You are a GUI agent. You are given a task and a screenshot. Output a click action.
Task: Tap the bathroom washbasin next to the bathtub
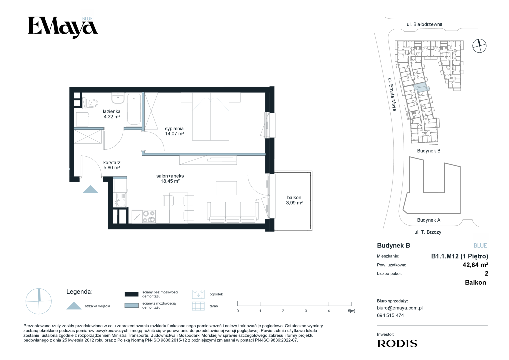tap(118, 98)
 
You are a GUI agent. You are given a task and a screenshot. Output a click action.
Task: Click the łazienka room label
tap(112, 111)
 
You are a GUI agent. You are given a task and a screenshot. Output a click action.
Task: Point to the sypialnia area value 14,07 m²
tap(175, 134)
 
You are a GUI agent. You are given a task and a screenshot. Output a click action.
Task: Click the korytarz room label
tap(112, 163)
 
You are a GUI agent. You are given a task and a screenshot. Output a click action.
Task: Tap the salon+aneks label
tap(170, 176)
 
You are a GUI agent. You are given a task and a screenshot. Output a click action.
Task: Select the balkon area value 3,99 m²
tap(294, 203)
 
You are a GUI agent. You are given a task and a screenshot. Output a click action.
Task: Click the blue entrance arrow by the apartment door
tap(90, 189)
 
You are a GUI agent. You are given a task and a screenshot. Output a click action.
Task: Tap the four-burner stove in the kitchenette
tap(149, 217)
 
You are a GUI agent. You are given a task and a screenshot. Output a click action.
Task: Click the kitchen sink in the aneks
tap(121, 200)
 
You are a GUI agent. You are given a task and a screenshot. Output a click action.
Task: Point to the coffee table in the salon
tap(226, 188)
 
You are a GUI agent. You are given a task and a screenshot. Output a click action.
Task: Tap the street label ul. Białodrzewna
tap(424, 24)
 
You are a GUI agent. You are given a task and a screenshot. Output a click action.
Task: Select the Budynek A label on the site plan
tap(429, 220)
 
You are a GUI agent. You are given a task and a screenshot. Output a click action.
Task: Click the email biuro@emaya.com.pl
tap(400, 308)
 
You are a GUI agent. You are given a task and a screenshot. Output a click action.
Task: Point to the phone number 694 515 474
tap(390, 315)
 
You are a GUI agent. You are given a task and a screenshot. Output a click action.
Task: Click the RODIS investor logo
tap(397, 343)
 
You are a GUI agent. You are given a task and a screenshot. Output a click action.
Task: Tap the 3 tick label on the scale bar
tap(306, 311)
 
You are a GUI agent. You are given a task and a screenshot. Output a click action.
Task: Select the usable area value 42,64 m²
tap(475, 265)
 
